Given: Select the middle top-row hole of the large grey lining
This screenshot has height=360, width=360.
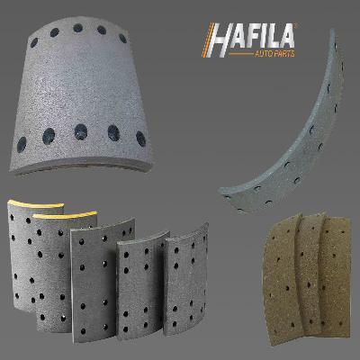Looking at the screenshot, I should coord(76,30).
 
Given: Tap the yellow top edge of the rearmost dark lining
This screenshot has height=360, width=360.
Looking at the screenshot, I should coord(27,202).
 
